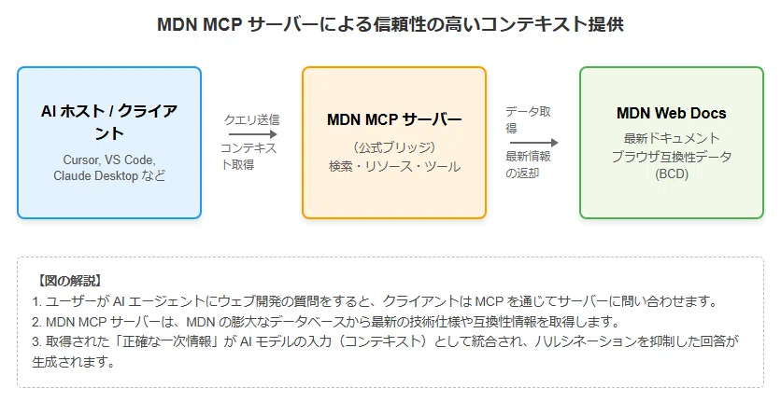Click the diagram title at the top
point(390,24)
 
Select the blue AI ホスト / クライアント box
point(109,143)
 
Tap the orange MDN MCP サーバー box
point(394,143)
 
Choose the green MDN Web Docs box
point(672,143)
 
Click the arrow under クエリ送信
point(252,133)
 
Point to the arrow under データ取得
point(532,143)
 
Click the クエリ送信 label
point(251,119)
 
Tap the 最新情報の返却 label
point(528,165)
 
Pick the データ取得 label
point(528,120)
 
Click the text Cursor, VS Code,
point(109,160)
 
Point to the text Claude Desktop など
point(109,175)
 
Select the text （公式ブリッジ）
point(394,147)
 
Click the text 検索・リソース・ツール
point(394,167)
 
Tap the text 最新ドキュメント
point(672,138)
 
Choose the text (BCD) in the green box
point(672,174)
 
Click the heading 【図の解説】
point(69,281)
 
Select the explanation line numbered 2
point(326,322)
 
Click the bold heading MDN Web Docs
point(672,114)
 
